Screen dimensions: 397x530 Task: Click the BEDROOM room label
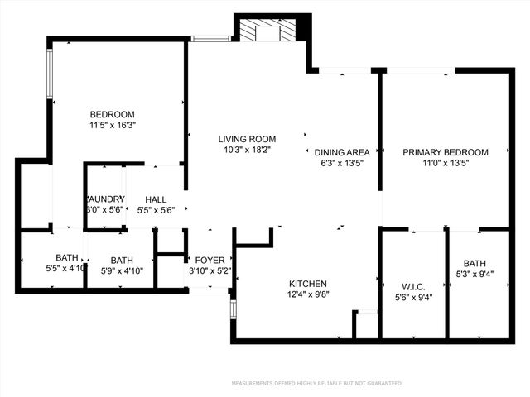pos(112,114)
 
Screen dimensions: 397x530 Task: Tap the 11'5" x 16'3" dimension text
pos(112,125)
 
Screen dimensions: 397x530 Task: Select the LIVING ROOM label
pos(247,139)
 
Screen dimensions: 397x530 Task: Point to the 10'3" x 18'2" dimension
pos(247,150)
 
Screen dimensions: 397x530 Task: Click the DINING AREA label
pos(342,152)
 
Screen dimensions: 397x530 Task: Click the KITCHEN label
pos(306,283)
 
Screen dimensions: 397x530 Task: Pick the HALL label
pos(156,199)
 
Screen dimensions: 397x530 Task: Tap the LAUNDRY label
pos(105,199)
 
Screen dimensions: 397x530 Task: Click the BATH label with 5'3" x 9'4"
pos(475,264)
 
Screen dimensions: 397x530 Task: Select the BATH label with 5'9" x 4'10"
pos(122,259)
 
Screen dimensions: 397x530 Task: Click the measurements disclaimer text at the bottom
pos(317,384)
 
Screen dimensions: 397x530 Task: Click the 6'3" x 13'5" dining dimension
pos(342,163)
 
